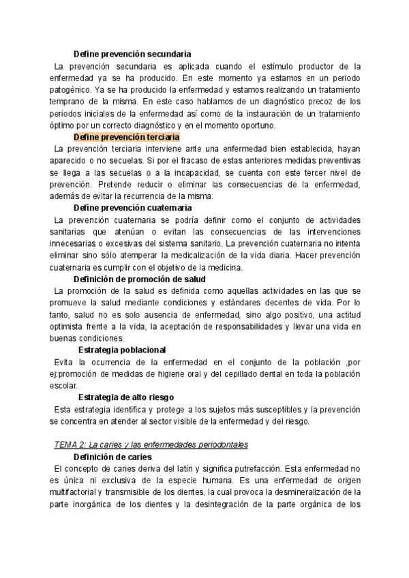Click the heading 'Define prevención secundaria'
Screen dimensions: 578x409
[132, 53]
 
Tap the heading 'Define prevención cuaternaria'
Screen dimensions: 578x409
[132, 207]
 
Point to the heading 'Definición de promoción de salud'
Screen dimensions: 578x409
[140, 279]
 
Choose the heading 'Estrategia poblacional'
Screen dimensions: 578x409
[122, 350]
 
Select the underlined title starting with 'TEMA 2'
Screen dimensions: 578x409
[151, 444]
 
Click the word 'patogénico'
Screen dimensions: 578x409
[71, 89]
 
